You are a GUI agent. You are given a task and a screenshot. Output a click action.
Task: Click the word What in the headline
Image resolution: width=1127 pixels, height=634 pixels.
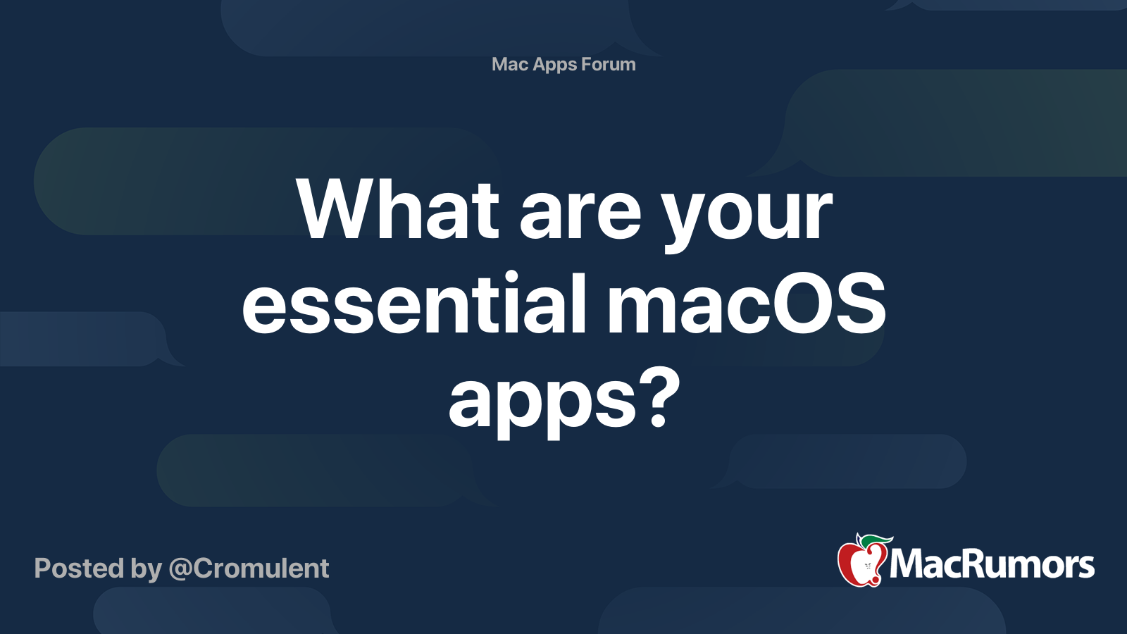click(398, 209)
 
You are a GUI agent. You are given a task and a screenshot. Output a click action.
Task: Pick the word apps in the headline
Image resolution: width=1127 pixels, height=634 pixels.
click(542, 403)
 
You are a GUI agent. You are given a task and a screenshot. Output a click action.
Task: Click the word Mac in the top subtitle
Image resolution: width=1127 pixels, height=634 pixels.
click(510, 64)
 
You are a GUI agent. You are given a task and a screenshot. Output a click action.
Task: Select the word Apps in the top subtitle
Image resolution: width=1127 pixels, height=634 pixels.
click(555, 65)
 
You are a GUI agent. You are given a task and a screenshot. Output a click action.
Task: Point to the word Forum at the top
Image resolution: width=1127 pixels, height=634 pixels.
click(609, 64)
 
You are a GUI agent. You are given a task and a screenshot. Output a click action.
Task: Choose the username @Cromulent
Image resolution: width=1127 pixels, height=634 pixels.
click(249, 568)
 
